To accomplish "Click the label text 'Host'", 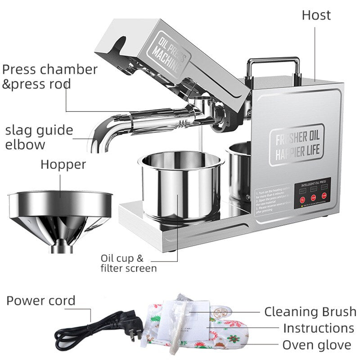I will (x=316, y=15).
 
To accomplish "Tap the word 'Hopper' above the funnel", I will (x=63, y=165).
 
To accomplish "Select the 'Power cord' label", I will (x=41, y=301).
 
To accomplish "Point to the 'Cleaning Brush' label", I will (x=310, y=311).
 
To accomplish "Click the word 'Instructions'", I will (x=318, y=328).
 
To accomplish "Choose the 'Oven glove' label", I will (x=316, y=345).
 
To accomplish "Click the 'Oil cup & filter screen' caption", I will (x=128, y=264).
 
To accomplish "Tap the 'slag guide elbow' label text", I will (x=39, y=137).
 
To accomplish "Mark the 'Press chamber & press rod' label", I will (x=49, y=76).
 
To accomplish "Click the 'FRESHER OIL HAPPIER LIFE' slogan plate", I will (x=297, y=144).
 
